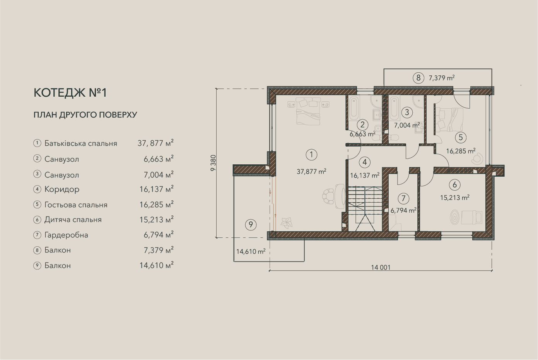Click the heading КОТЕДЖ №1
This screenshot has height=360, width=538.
tap(70, 93)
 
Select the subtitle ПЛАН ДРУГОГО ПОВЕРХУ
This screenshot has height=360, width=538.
tap(85, 115)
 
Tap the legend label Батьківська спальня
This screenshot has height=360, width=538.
tap(81, 143)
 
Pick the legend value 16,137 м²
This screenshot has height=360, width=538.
tap(157, 189)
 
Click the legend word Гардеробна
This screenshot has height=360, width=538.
tap(66, 235)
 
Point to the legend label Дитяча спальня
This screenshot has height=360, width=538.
tap(73, 220)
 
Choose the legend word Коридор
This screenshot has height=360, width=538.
tap(62, 189)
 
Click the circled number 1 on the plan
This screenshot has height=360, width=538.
tap(311, 155)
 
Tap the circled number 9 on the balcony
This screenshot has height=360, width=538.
tap(251, 225)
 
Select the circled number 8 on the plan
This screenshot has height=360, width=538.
tap(418, 78)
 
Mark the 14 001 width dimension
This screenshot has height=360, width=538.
tap(381, 267)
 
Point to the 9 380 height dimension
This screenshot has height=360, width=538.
tap(213, 163)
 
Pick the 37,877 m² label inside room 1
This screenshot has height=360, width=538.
tap(311, 171)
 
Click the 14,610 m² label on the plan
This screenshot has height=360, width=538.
tap(251, 251)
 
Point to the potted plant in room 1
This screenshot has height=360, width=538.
tap(287, 223)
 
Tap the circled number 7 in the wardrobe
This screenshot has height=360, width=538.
tap(403, 198)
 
